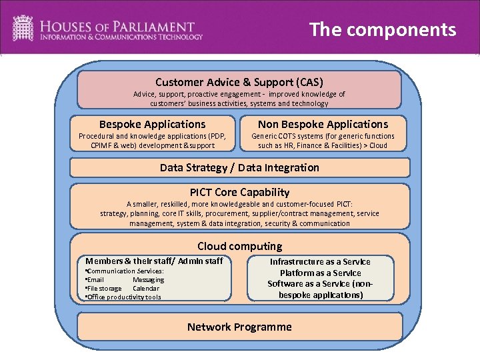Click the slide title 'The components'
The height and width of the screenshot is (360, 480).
[383, 30]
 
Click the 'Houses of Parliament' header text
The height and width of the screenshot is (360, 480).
[117, 27]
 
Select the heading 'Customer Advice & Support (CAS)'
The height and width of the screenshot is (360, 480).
[239, 82]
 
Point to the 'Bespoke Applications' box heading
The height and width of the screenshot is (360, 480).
[152, 124]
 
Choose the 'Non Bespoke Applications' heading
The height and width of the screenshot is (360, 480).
[323, 124]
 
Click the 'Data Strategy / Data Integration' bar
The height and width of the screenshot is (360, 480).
[239, 167]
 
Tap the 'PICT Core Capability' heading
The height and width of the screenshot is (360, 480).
[239, 192]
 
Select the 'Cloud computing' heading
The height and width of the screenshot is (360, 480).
[239, 246]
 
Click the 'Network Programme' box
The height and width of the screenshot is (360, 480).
[239, 327]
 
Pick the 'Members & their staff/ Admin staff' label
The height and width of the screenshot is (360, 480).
[154, 261]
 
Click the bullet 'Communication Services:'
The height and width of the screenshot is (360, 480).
[125, 271]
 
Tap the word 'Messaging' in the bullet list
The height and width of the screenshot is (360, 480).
[148, 280]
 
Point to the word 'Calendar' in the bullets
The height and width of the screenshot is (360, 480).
[146, 289]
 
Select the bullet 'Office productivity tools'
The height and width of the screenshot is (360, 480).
[124, 297]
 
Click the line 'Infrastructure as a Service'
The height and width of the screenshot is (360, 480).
[320, 262]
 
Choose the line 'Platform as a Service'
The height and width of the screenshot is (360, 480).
[320, 273]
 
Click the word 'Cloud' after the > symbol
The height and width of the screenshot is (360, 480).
[377, 145]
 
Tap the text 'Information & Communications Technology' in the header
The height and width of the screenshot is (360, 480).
[121, 37]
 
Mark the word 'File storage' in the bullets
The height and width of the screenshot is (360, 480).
[104, 289]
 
